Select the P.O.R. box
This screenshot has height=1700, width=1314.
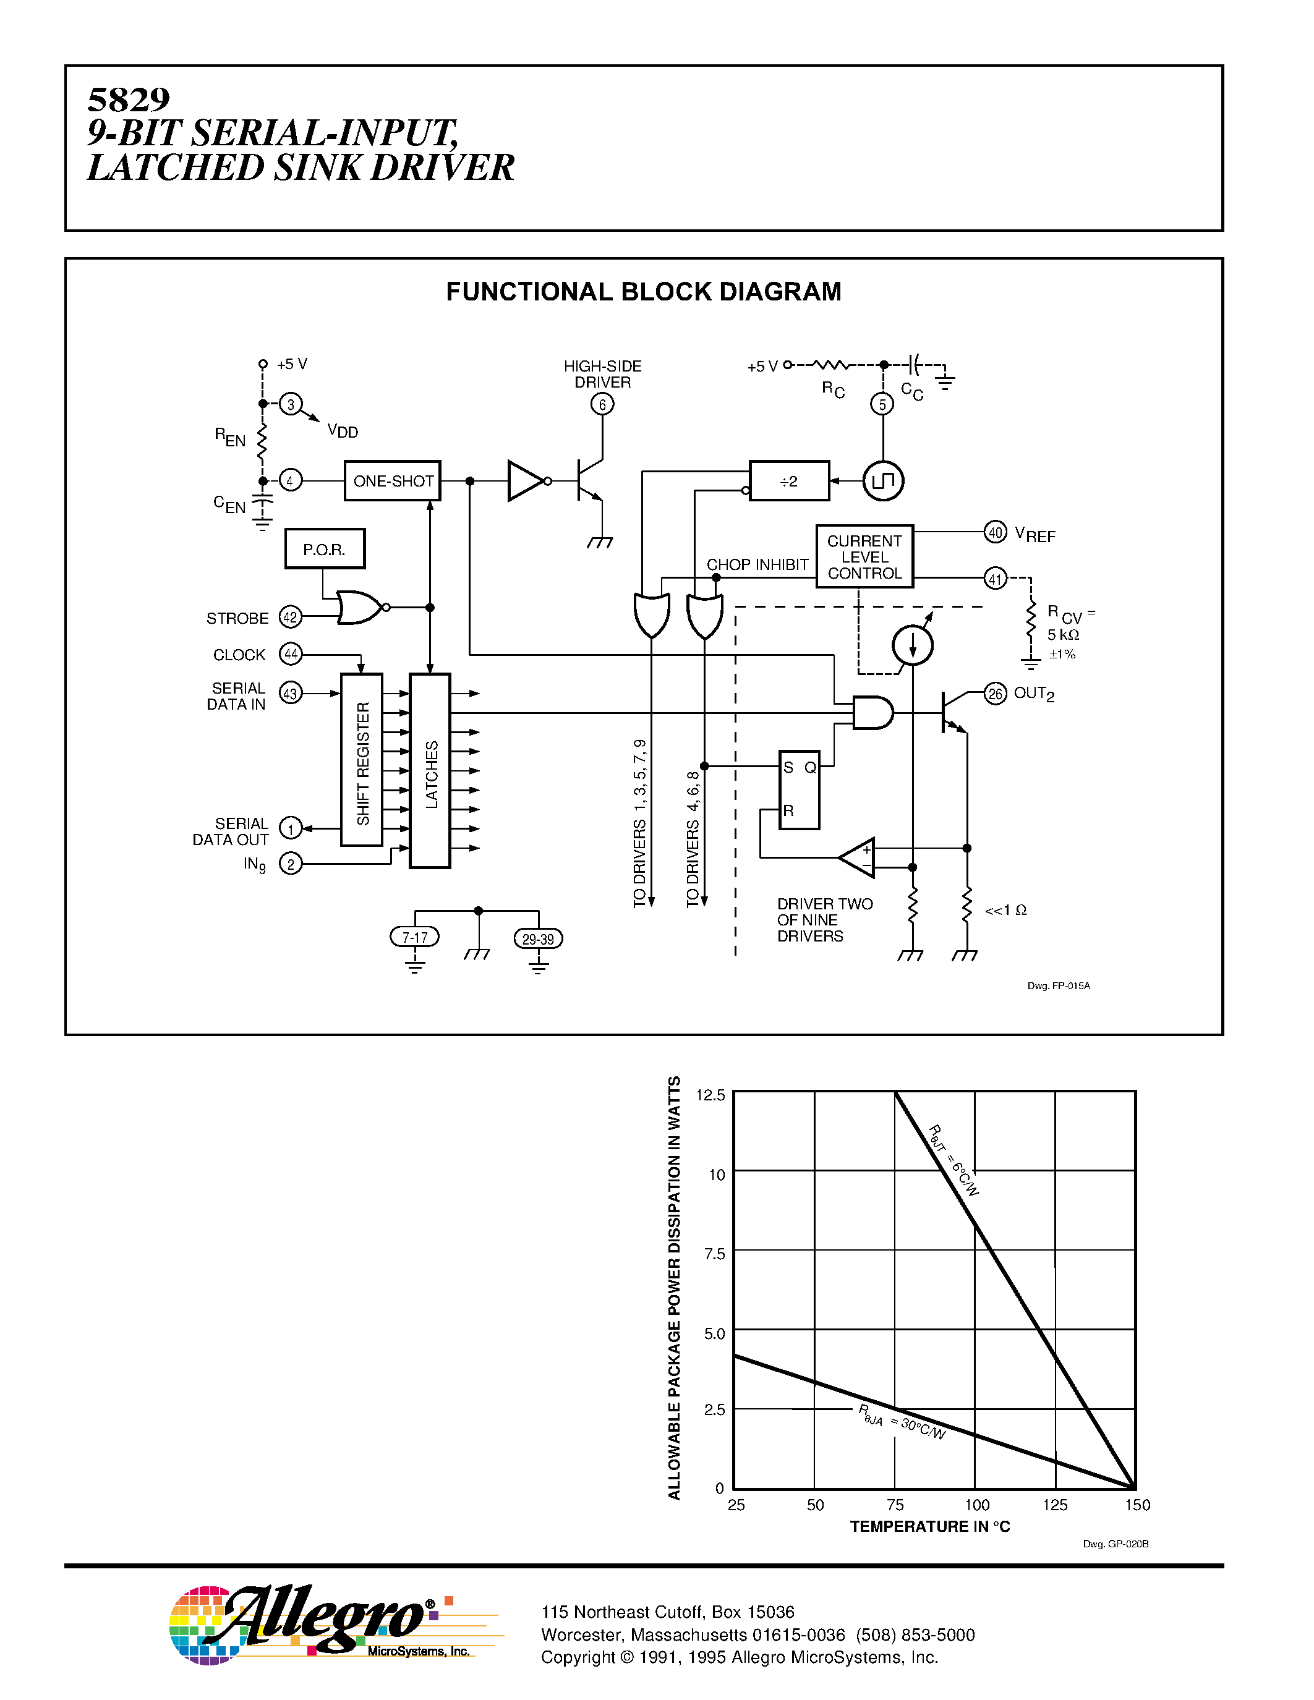pos(325,550)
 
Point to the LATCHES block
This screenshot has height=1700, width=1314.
pos(430,771)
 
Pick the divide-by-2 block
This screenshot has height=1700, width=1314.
pos(788,481)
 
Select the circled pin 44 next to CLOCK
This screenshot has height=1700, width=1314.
pos(291,654)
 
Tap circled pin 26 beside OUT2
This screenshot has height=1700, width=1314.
pos(995,694)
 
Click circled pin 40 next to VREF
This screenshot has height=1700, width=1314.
pos(995,532)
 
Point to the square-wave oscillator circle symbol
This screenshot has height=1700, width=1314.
pos(883,481)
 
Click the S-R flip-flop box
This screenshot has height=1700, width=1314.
pos(799,789)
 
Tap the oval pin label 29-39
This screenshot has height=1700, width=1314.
pos(538,939)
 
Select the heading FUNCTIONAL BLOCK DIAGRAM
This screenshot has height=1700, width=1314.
pos(643,292)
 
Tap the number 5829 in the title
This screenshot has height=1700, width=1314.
pos(129,100)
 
